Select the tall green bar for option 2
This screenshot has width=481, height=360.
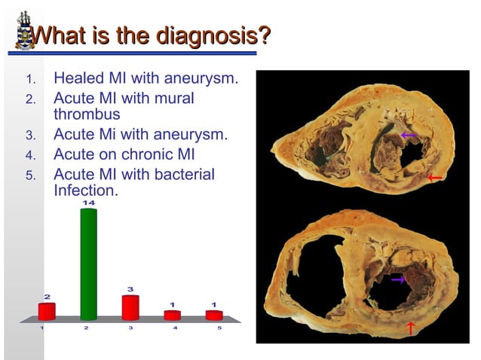[x=88, y=264]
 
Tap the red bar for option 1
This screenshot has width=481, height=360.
[x=47, y=311]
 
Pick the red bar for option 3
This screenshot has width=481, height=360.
[x=130, y=307]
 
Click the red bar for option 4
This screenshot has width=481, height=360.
[x=173, y=315]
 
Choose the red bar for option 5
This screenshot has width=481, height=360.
[x=214, y=315]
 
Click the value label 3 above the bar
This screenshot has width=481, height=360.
[x=130, y=288]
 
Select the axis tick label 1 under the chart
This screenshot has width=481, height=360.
[x=43, y=328]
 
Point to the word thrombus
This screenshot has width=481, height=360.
[x=87, y=115]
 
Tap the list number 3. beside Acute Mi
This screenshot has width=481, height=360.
[x=30, y=136]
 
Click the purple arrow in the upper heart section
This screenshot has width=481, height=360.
[x=408, y=136]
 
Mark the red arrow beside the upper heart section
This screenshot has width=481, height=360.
[x=433, y=178]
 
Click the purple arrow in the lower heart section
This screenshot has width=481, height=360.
[x=398, y=279]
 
